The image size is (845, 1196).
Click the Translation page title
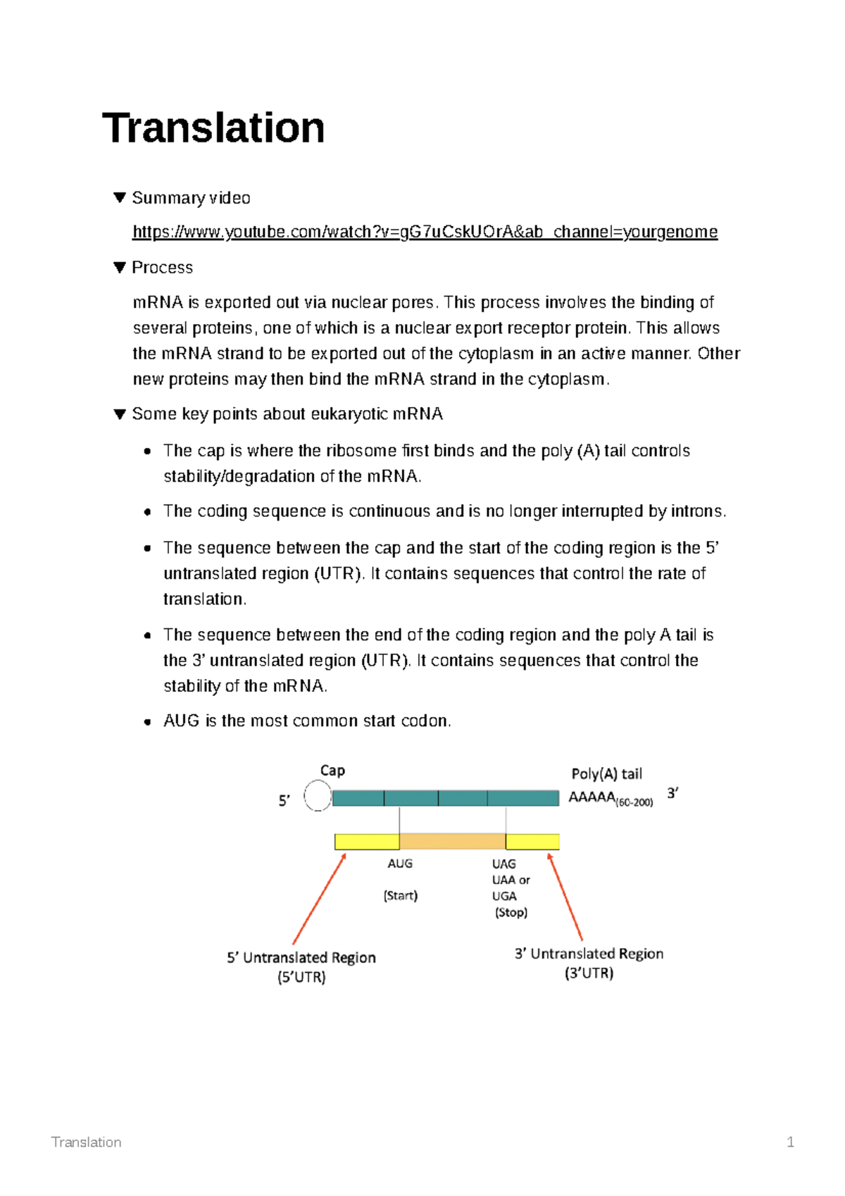click(213, 128)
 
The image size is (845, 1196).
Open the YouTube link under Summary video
click(425, 232)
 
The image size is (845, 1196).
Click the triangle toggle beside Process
click(119, 267)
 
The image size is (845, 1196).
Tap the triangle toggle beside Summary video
click(119, 197)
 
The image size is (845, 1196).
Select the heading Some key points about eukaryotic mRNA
click(287, 413)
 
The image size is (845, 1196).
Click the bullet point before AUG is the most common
click(147, 721)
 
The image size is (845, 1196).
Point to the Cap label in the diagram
click(332, 770)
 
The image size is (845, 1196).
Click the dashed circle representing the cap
click(318, 797)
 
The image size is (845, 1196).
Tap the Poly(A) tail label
click(606, 773)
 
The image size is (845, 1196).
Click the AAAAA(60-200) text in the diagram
click(610, 798)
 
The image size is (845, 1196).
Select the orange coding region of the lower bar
click(452, 841)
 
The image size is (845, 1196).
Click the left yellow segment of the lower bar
click(366, 841)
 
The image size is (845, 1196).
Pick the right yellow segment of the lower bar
click(532, 841)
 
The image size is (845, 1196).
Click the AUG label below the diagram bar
click(400, 864)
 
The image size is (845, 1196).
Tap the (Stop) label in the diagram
click(511, 912)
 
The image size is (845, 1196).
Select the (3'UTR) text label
click(589, 973)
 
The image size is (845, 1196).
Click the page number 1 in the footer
click(790, 1142)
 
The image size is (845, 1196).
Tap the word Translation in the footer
click(86, 1142)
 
